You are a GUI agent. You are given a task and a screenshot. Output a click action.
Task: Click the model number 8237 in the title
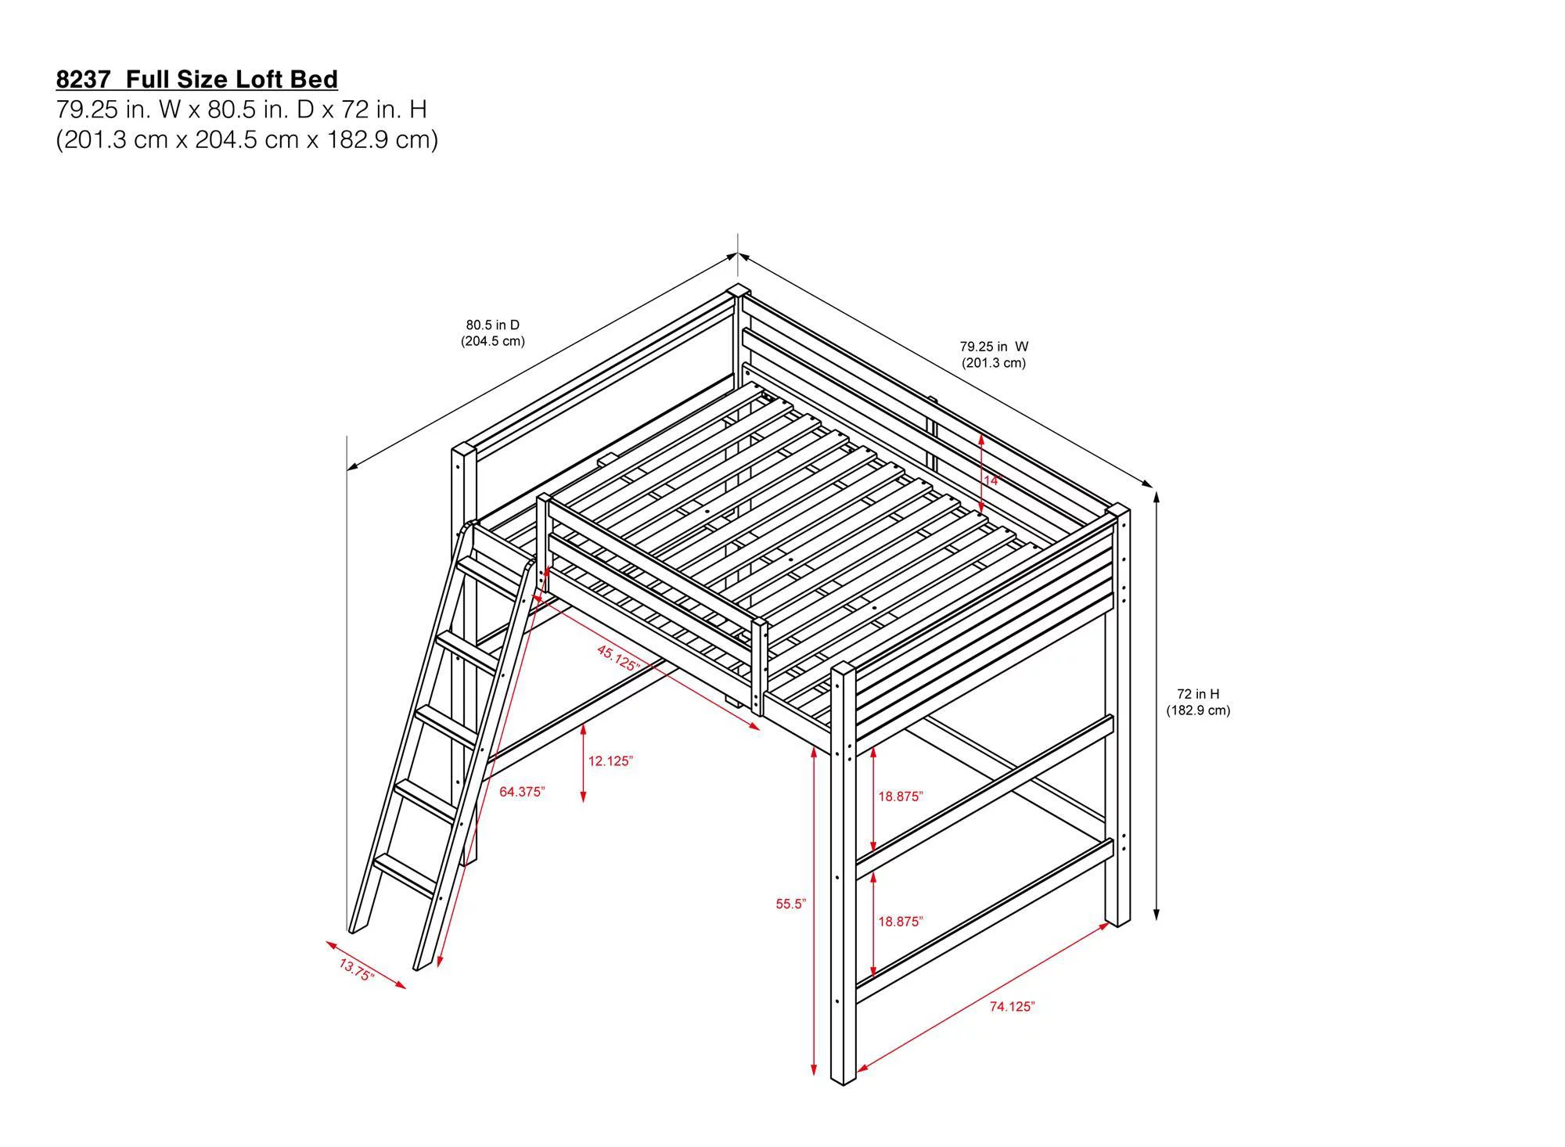point(82,79)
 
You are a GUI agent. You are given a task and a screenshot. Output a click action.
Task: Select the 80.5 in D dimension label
point(493,325)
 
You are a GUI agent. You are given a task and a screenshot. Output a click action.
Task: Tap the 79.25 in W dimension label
point(994,346)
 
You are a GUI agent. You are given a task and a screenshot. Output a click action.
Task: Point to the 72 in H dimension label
point(1198,693)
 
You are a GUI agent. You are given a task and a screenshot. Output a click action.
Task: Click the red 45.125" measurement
point(618,657)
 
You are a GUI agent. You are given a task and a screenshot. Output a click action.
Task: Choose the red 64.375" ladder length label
point(522,792)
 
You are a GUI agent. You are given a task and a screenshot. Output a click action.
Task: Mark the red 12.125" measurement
point(610,760)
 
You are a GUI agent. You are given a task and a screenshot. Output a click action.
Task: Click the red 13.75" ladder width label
point(357,969)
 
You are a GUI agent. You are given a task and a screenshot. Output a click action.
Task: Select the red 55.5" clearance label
point(791,904)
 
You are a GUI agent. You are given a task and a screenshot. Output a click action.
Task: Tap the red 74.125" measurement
point(1012,1006)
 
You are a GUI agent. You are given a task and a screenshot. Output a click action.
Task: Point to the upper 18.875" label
point(900,796)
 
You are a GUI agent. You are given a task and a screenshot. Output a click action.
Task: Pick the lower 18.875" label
point(900,922)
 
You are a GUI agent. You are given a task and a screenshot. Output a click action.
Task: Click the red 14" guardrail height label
point(992,480)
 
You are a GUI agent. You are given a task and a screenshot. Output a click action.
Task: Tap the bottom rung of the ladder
point(405,875)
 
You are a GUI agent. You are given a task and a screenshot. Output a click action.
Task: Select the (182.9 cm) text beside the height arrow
point(1198,710)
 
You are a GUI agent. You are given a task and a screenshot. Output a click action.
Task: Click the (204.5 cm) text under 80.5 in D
point(493,341)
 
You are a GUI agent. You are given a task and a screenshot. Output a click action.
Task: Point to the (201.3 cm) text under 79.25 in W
point(994,363)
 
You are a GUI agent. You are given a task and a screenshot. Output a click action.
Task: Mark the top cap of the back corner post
point(736,291)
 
